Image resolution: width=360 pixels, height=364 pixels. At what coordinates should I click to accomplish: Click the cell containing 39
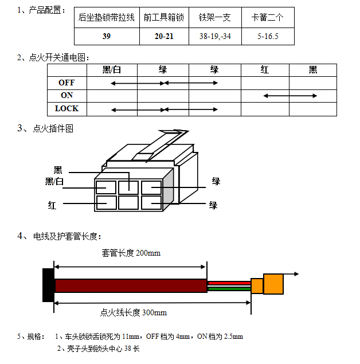107,37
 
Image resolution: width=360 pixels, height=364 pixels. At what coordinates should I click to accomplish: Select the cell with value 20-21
164,37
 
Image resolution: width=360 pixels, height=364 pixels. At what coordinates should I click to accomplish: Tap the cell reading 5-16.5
268,37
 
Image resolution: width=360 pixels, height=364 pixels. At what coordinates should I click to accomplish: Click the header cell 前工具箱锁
164,18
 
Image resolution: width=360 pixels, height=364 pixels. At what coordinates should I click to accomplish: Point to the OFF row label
67,83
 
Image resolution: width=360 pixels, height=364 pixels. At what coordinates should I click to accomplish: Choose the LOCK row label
67,108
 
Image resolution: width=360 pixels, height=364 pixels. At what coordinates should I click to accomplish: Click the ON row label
67,95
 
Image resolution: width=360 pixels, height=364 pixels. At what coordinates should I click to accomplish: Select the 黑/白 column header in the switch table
112,69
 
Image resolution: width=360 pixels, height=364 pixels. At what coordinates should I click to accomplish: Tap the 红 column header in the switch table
265,69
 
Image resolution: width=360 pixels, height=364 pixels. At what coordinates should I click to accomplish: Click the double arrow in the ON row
290,96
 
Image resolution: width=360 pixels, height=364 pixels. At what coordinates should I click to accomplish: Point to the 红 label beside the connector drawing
52,205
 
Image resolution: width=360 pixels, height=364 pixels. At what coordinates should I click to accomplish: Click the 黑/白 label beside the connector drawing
54,181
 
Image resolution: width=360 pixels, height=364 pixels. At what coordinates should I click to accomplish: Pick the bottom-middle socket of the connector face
128,203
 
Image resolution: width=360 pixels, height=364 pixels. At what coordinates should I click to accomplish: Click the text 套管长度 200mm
131,253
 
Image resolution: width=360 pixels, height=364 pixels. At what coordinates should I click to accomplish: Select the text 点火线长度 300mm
134,312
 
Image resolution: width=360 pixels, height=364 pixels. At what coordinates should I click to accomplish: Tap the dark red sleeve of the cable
131,285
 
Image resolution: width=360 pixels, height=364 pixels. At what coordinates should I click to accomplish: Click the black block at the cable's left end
48,285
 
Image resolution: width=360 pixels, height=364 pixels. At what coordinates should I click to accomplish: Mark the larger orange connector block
273,284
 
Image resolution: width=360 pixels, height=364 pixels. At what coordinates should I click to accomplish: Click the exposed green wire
229,289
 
